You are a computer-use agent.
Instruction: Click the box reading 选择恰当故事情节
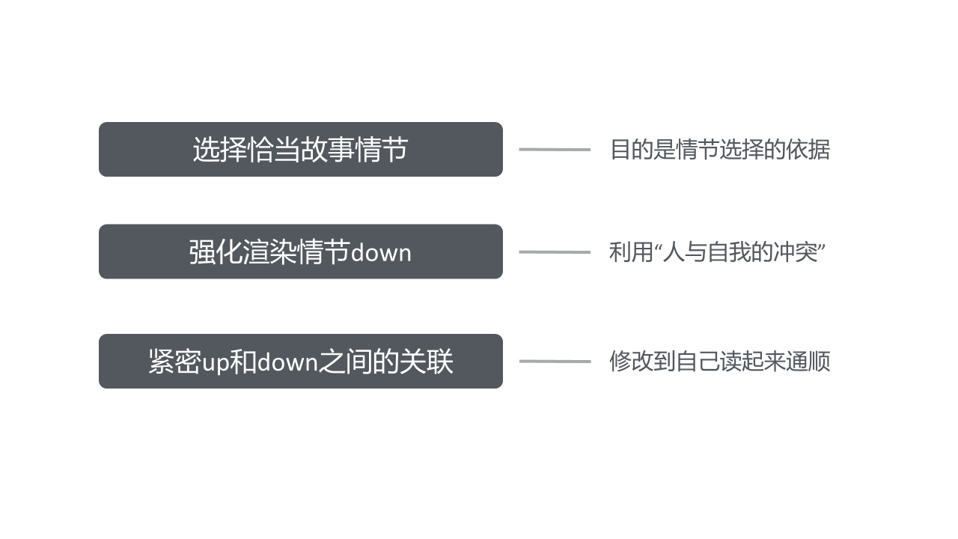(301, 149)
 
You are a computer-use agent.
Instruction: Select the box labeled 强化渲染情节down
(301, 252)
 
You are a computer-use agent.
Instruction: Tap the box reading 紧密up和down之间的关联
(301, 362)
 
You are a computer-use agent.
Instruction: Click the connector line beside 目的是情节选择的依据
(555, 150)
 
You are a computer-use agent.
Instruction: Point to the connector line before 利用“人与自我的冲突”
(555, 252)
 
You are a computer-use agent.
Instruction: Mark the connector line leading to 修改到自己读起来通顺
(555, 362)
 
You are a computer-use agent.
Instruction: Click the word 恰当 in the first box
(273, 150)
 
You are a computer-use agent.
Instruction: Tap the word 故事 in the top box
(327, 150)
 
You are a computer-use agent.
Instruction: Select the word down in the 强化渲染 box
(381, 253)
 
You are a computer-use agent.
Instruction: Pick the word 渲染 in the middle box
(270, 252)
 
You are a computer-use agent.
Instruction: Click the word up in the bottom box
(216, 363)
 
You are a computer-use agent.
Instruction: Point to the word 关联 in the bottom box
(426, 362)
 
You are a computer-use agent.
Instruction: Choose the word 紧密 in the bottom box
(175, 362)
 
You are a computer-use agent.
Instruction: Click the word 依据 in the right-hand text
(808, 150)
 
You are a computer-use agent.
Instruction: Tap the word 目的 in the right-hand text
(632, 150)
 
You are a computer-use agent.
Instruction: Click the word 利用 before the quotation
(631, 252)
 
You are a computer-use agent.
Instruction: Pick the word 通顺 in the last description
(808, 362)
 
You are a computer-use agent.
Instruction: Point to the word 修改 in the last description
(631, 362)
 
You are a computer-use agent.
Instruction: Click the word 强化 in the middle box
(216, 252)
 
